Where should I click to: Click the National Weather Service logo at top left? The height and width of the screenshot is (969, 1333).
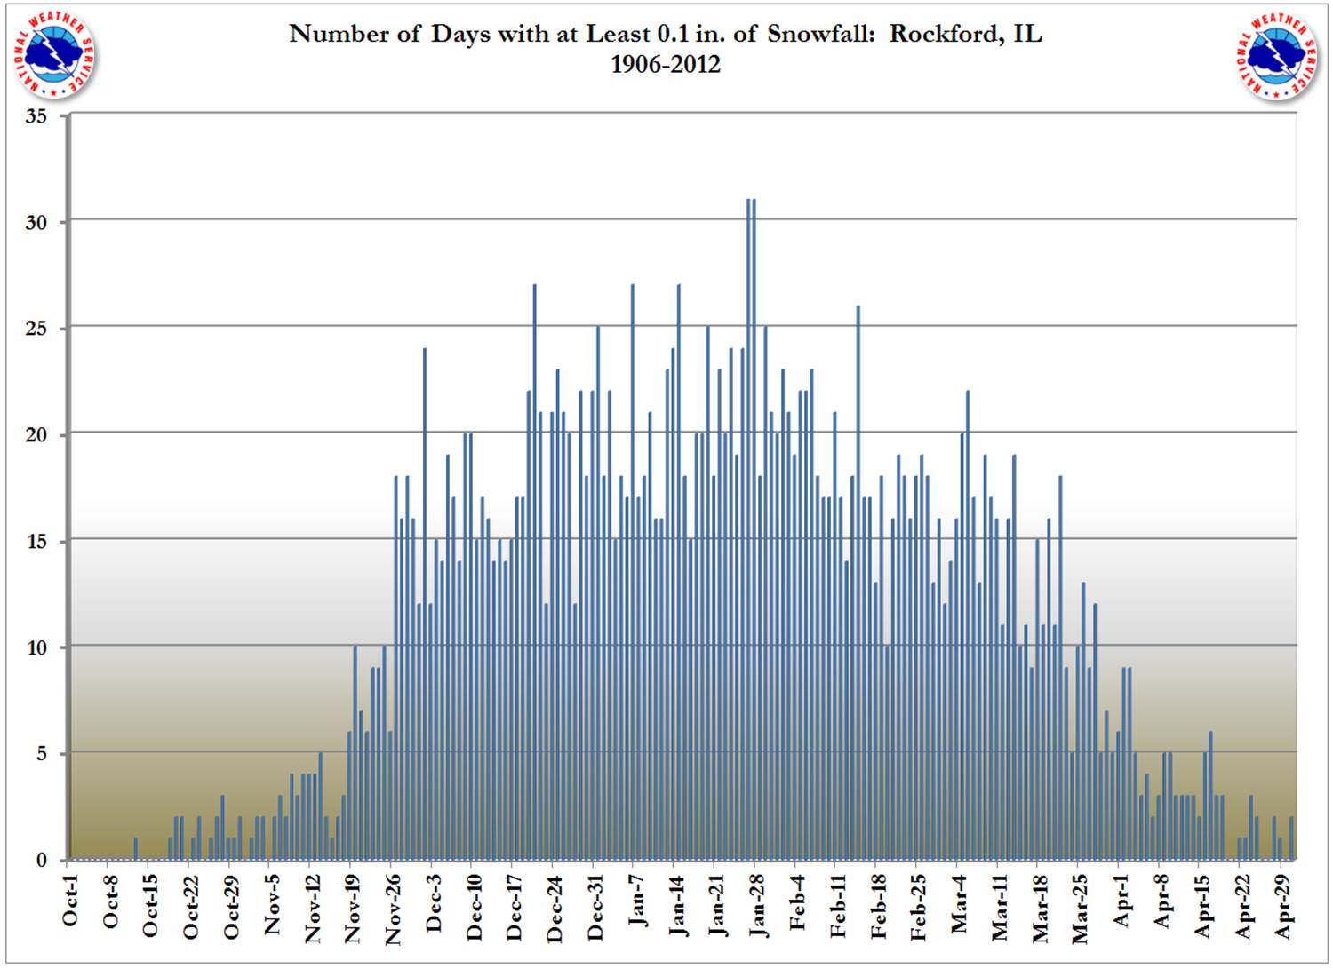(x=56, y=55)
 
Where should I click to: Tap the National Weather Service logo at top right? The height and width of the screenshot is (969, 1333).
(x=1277, y=55)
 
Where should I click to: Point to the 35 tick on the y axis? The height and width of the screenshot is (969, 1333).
(x=36, y=116)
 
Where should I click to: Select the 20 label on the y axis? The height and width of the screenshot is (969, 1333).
(x=36, y=434)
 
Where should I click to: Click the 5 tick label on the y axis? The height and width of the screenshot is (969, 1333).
(x=41, y=754)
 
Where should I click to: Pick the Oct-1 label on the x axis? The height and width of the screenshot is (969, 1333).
(x=70, y=901)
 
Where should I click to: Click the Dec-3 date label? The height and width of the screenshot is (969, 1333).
(x=434, y=902)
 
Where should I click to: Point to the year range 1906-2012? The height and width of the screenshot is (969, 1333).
(x=665, y=64)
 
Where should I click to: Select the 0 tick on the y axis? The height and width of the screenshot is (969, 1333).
(x=41, y=860)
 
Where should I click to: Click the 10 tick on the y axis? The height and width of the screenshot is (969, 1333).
(x=36, y=647)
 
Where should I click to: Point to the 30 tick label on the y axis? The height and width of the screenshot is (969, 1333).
(x=36, y=222)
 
